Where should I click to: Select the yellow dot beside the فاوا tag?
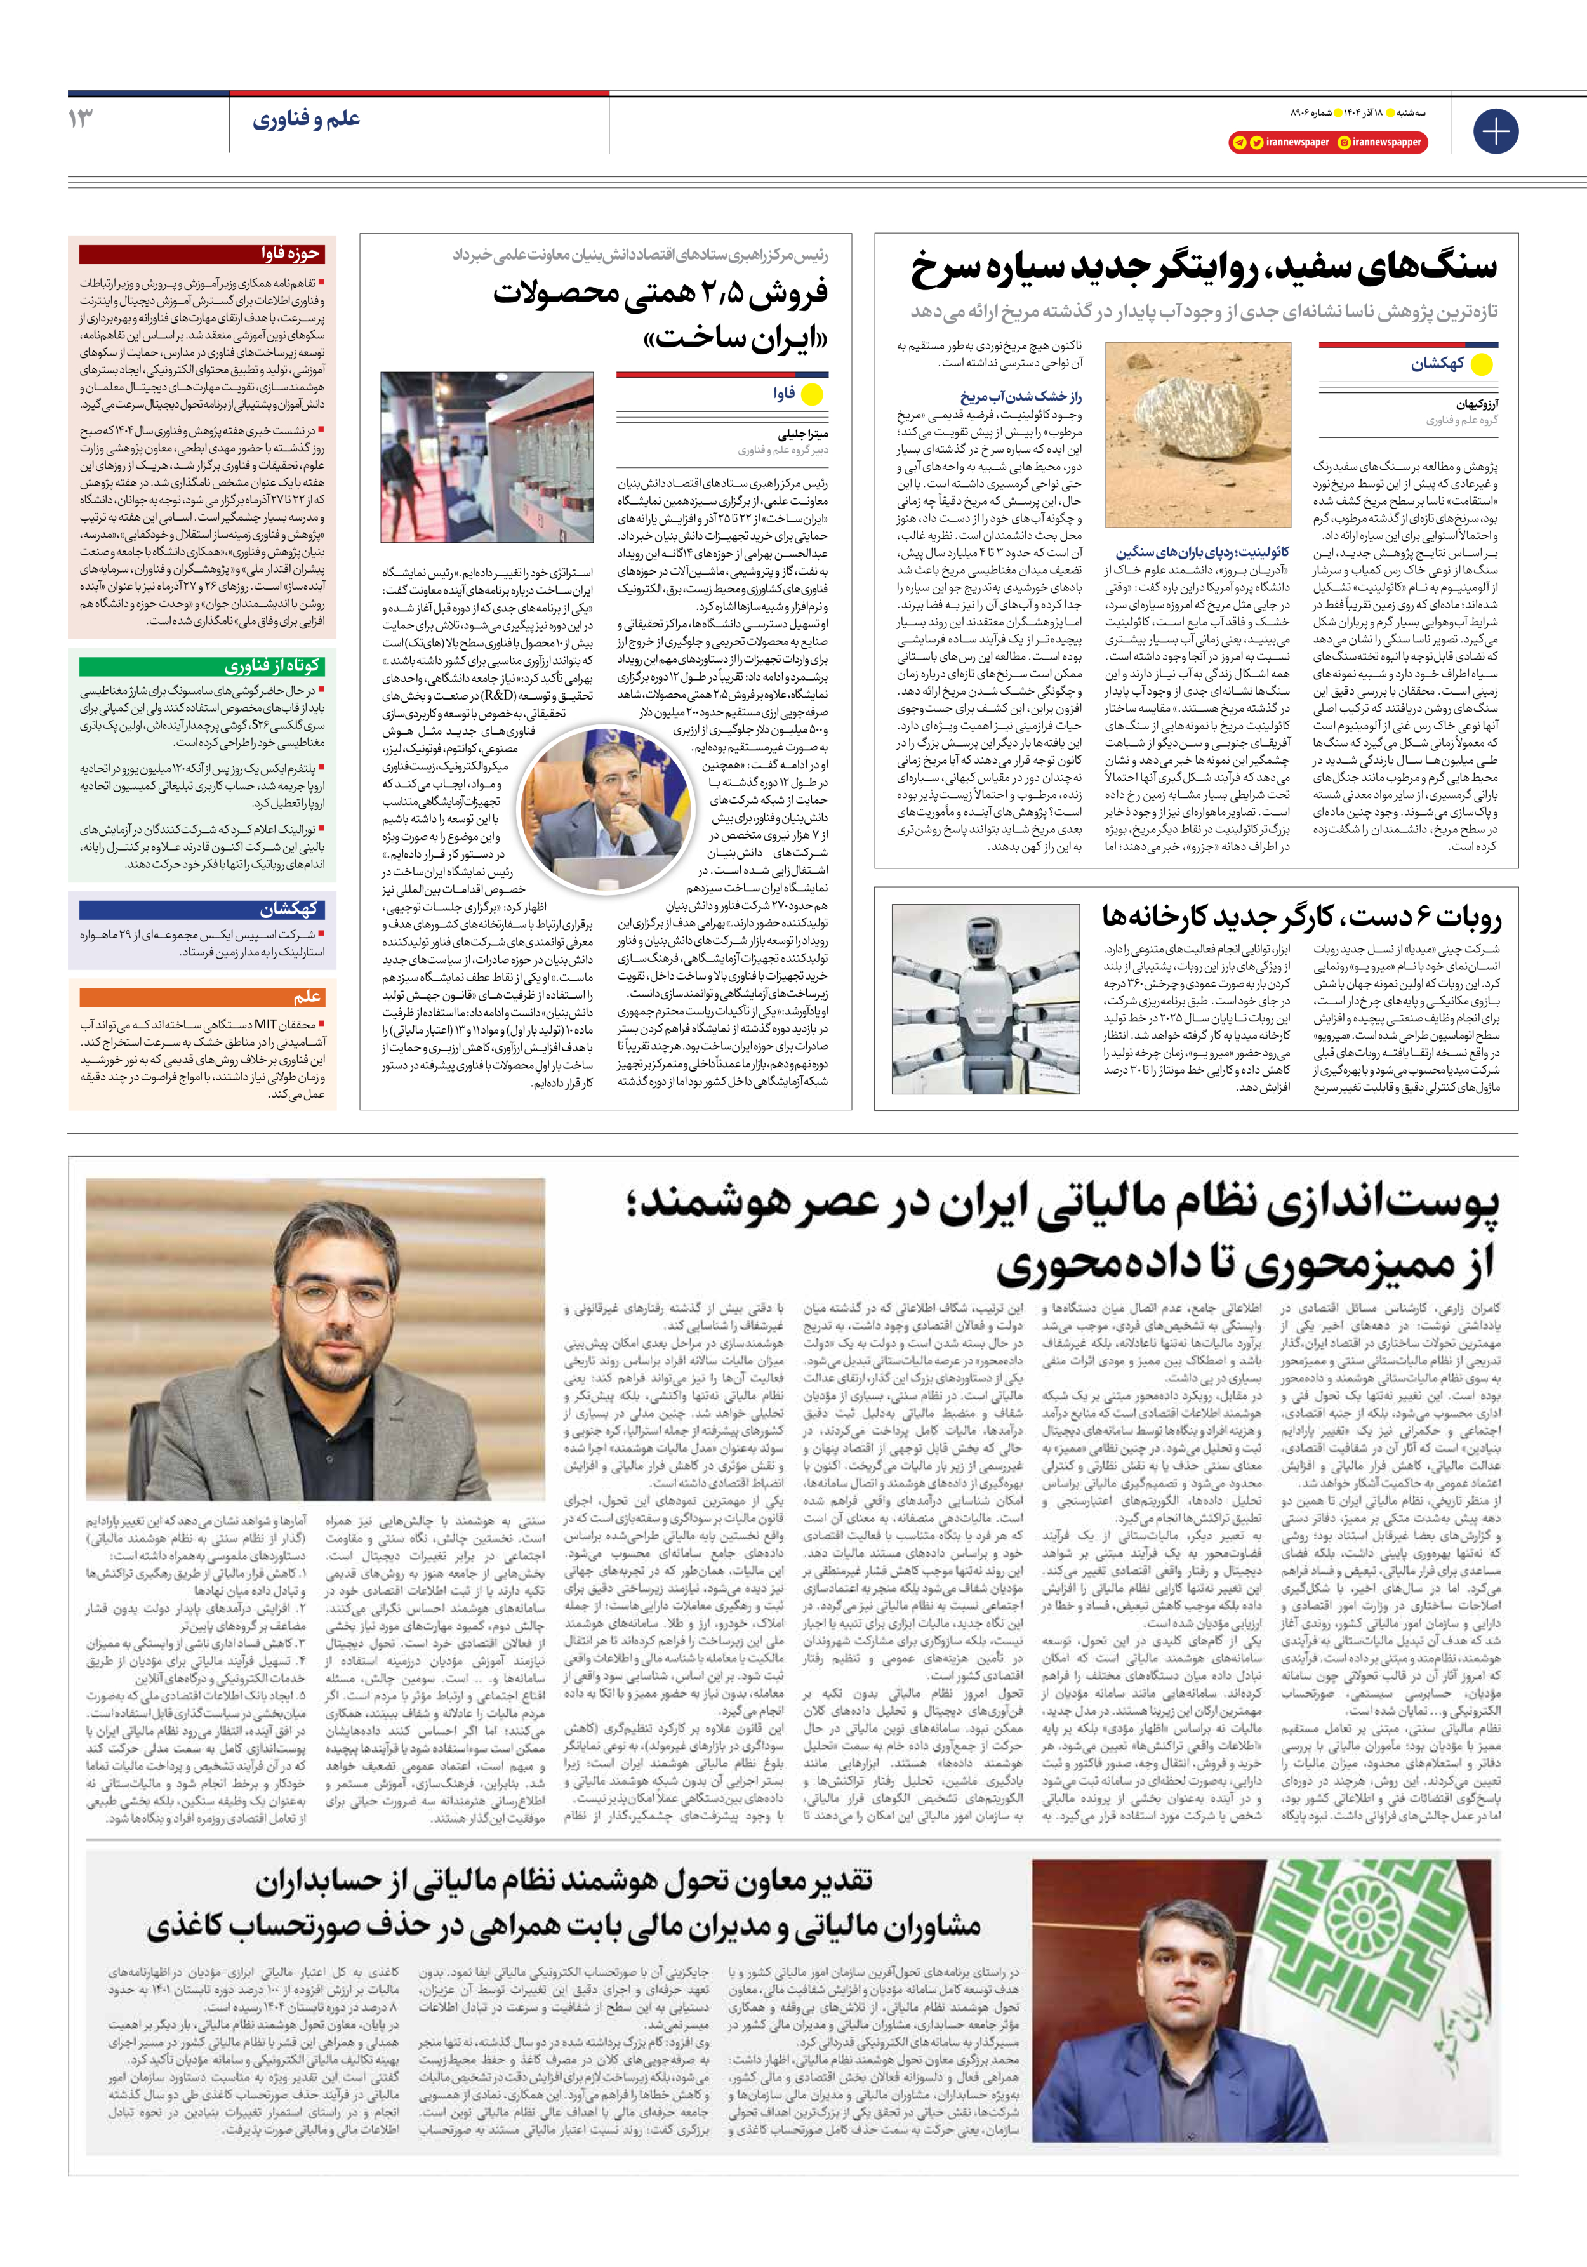pos(812,395)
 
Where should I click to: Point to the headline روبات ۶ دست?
pos(1301,917)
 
